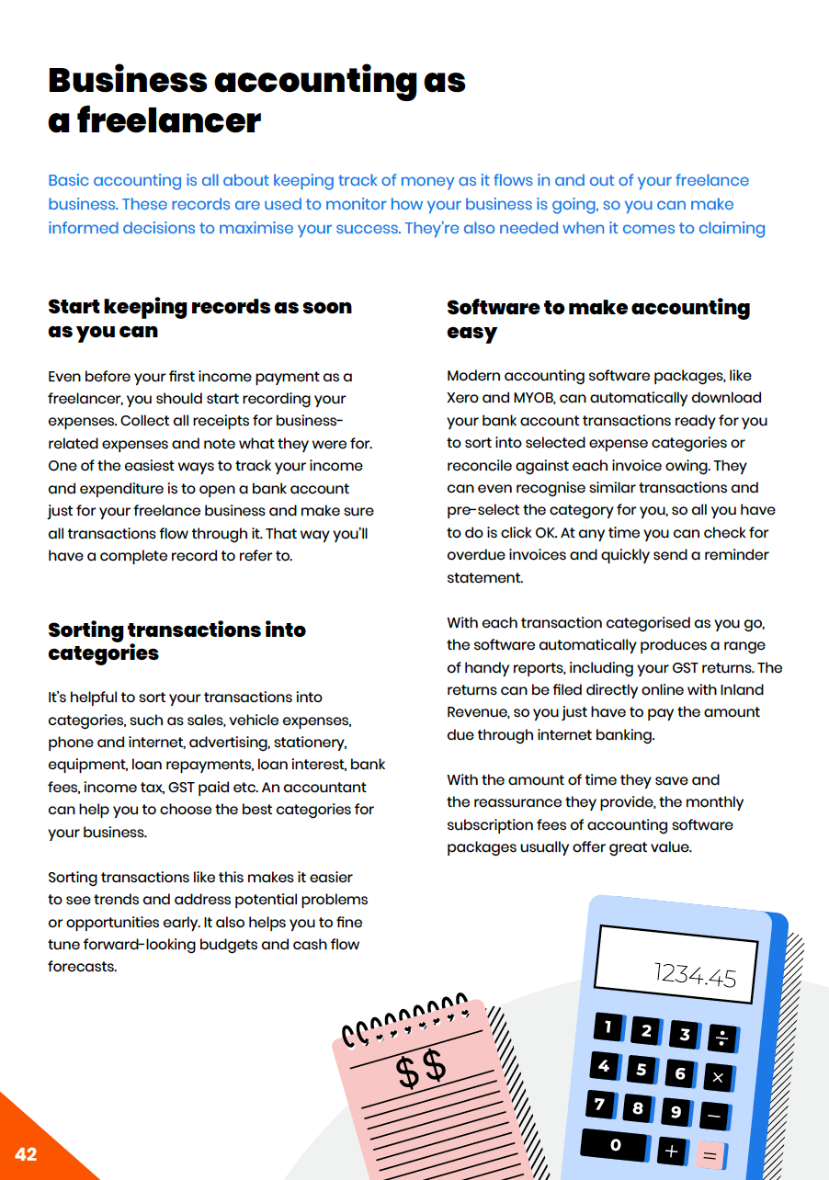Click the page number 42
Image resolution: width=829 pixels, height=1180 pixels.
pyautogui.click(x=26, y=1154)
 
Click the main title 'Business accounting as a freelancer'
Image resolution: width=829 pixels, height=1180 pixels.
pyautogui.click(x=256, y=100)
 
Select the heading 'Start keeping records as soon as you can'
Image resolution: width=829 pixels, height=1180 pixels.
pyautogui.click(x=199, y=318)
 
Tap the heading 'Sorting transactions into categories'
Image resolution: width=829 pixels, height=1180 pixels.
pyautogui.click(x=176, y=641)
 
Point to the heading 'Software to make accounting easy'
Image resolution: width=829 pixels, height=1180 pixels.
pyautogui.click(x=597, y=319)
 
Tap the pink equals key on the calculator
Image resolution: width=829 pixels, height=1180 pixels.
pyautogui.click(x=709, y=1155)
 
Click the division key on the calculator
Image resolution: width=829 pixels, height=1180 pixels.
pyautogui.click(x=721, y=1038)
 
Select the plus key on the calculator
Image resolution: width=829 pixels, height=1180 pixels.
pyautogui.click(x=671, y=1151)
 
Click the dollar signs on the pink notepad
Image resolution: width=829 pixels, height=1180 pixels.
pyautogui.click(x=420, y=1069)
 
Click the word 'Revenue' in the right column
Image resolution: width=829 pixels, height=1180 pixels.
pyautogui.click(x=476, y=712)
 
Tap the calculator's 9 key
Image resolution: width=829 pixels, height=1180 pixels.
pyautogui.click(x=676, y=1112)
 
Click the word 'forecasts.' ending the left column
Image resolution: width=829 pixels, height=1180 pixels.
pyautogui.click(x=83, y=967)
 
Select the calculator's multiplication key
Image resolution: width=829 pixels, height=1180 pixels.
pyautogui.click(x=718, y=1077)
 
